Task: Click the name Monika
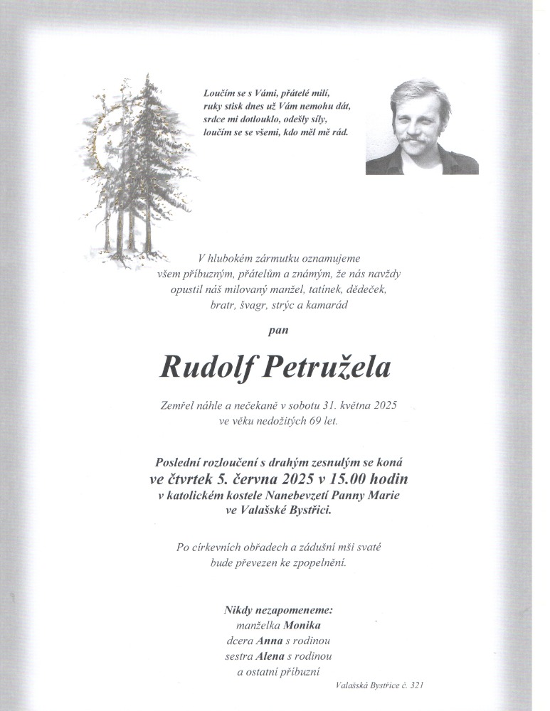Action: (302, 626)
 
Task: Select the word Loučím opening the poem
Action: (219, 93)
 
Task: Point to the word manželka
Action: (258, 626)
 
